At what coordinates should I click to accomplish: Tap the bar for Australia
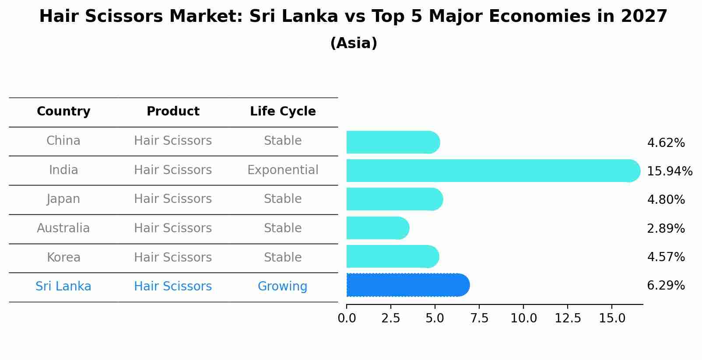click(x=378, y=228)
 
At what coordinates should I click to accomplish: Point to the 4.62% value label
click(x=666, y=143)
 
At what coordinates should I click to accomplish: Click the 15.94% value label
click(x=669, y=171)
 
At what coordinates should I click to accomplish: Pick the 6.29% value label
click(x=666, y=286)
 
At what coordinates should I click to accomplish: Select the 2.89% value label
click(x=666, y=228)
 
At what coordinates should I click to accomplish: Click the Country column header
click(x=63, y=112)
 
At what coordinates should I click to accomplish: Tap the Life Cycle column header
click(x=283, y=112)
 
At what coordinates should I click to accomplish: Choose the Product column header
click(x=173, y=112)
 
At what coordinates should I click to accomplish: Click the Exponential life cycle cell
click(x=283, y=170)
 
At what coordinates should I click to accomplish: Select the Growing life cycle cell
click(x=282, y=287)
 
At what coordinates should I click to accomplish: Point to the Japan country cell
click(x=63, y=199)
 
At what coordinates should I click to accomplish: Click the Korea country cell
click(x=63, y=257)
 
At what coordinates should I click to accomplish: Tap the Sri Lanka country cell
click(x=63, y=287)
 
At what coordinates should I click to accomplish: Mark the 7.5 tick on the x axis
click(x=479, y=318)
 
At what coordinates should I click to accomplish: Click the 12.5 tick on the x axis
click(x=568, y=318)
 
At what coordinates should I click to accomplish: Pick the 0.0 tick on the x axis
click(x=347, y=318)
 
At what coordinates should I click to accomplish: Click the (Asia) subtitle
click(x=354, y=43)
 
